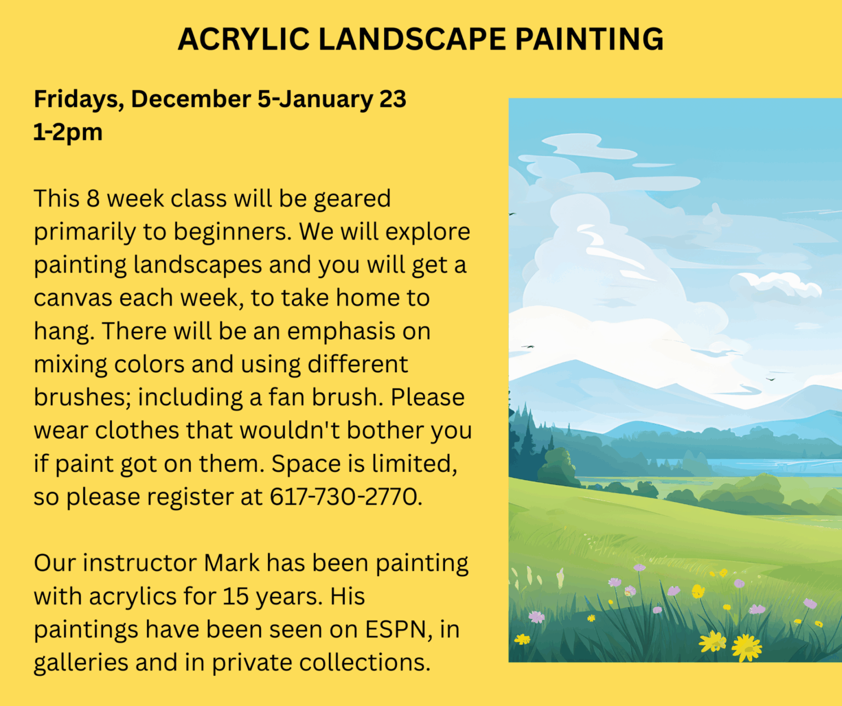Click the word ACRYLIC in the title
(x=243, y=39)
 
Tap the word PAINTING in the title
(x=589, y=39)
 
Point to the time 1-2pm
(x=68, y=132)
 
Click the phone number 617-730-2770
(x=345, y=496)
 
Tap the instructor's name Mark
(x=232, y=563)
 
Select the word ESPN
(x=396, y=629)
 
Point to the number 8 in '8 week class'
(x=93, y=199)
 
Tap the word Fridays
(x=79, y=100)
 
